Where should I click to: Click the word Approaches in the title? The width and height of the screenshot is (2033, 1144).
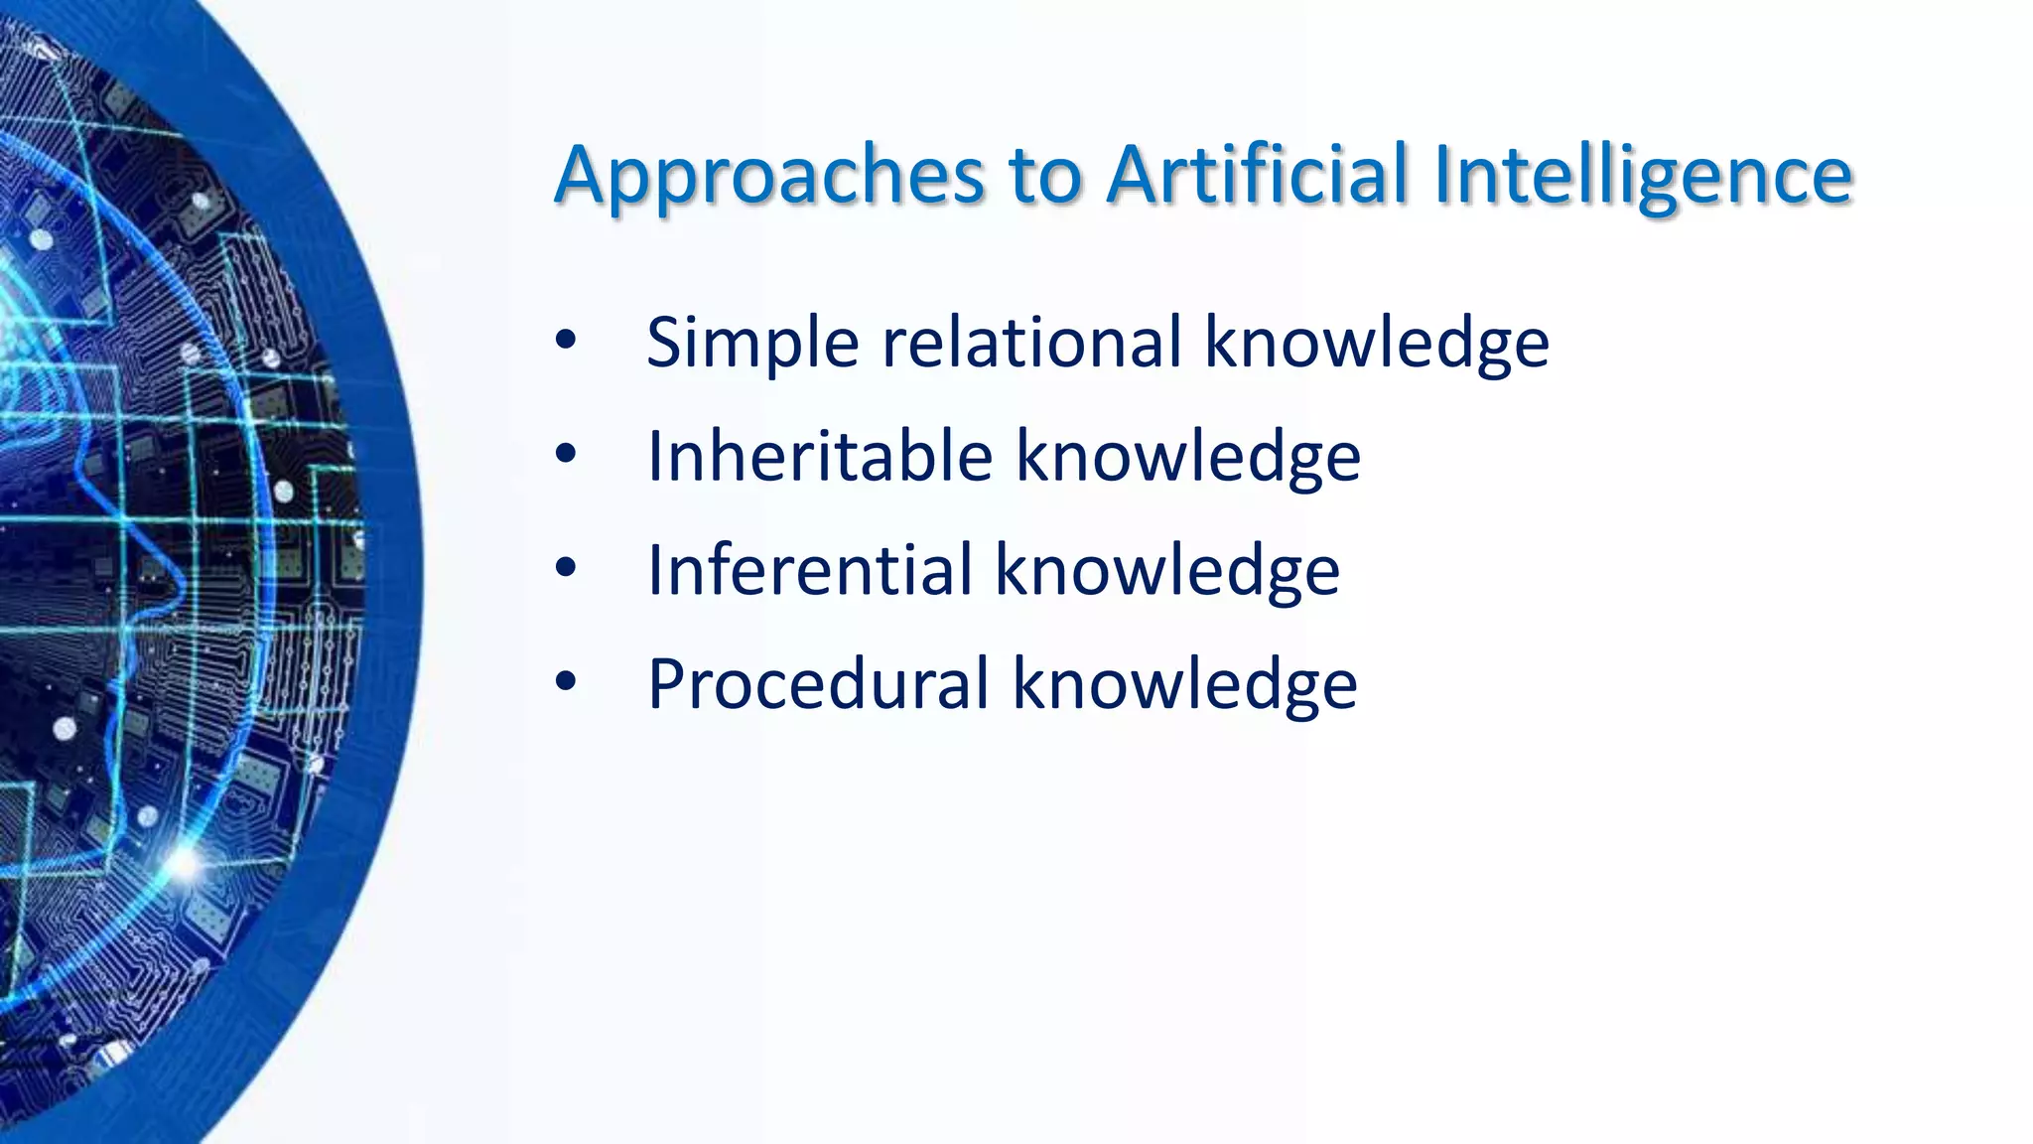click(x=769, y=177)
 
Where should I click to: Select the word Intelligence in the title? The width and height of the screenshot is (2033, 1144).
click(x=1643, y=177)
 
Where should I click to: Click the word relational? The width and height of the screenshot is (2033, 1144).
click(x=1031, y=343)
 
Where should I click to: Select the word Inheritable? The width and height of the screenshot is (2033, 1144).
click(x=819, y=457)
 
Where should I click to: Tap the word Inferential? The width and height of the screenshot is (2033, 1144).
click(x=809, y=570)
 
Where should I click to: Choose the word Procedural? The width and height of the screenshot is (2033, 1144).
click(x=818, y=684)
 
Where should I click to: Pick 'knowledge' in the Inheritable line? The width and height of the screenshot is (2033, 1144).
click(x=1187, y=458)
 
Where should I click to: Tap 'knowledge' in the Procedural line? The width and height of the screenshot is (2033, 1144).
click(x=1184, y=685)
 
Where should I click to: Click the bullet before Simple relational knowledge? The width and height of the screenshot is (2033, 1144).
click(x=566, y=342)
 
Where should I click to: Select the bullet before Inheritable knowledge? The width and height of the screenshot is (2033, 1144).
click(x=566, y=455)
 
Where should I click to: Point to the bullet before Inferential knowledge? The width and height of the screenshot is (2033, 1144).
click(x=566, y=568)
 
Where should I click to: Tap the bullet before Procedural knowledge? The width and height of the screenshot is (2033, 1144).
click(x=566, y=682)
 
